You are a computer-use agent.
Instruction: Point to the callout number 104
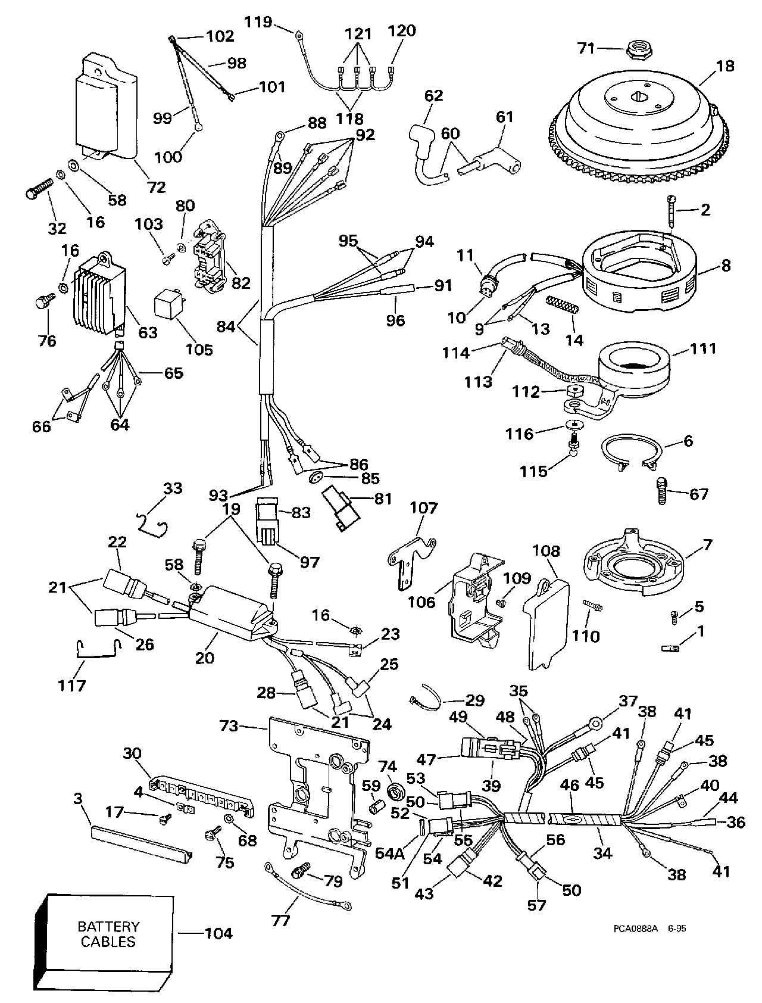coord(218,933)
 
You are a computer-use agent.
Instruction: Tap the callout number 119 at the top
coord(258,23)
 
